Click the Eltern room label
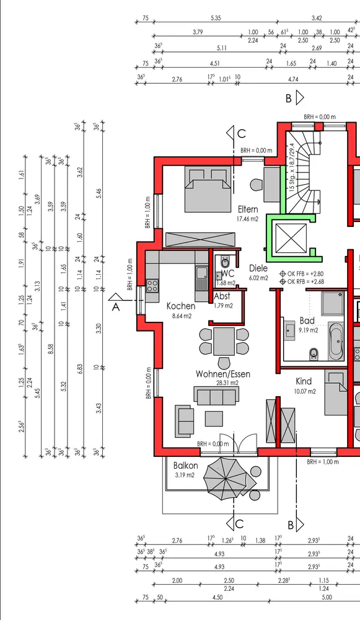click(248, 209)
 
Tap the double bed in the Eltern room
click(208, 189)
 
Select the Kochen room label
click(181, 306)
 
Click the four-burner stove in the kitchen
click(152, 285)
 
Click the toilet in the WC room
click(225, 261)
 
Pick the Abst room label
click(222, 296)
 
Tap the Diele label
click(258, 268)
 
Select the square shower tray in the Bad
click(333, 303)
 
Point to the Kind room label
click(304, 381)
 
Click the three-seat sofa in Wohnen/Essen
click(216, 396)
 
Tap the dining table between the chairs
click(224, 341)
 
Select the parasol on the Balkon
click(226, 479)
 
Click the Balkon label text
click(186, 466)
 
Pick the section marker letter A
click(116, 307)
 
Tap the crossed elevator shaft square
click(291, 238)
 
